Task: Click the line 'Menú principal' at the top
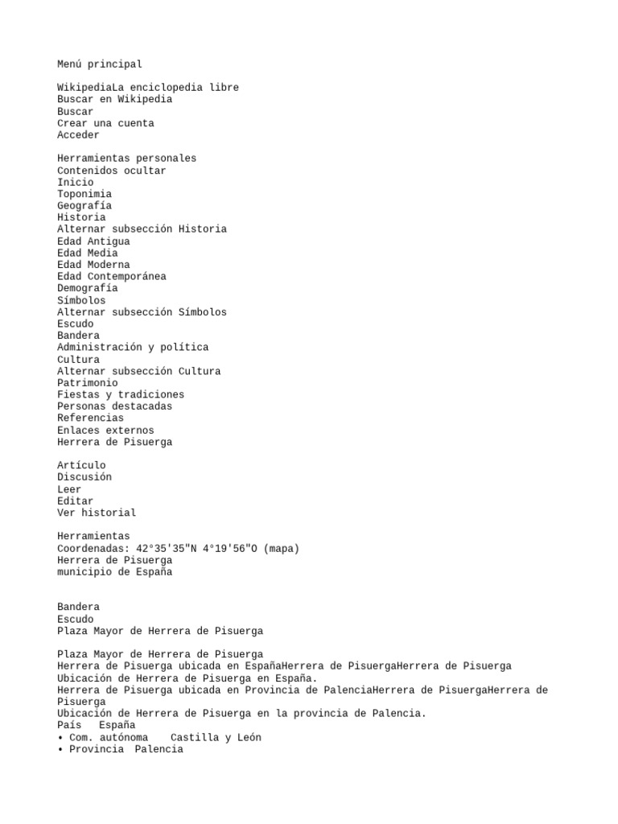click(100, 64)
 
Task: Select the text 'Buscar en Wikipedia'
click(114, 100)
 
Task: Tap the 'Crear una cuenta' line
click(105, 123)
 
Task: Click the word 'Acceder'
click(78, 135)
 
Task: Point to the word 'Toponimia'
click(84, 194)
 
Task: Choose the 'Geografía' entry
click(84, 206)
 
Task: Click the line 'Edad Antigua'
click(93, 241)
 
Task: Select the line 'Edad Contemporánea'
click(112, 277)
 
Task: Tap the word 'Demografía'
click(87, 288)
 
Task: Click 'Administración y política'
click(133, 348)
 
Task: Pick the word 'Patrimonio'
click(87, 383)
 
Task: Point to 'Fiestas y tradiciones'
click(121, 395)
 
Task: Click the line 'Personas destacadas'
click(114, 406)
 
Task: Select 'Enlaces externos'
click(105, 431)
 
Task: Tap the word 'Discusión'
click(84, 477)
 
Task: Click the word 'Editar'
click(75, 501)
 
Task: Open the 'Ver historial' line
click(97, 513)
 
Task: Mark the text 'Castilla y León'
click(216, 738)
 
